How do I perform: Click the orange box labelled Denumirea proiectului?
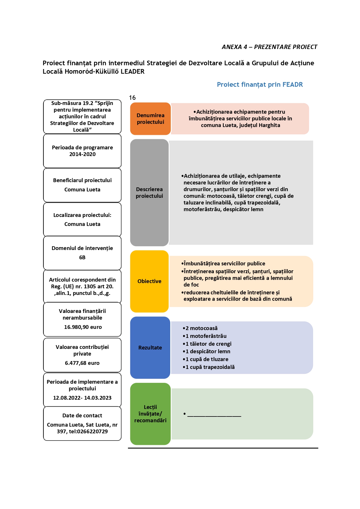coord(150,119)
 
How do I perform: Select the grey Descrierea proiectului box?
coord(149,193)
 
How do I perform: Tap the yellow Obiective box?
coord(149,281)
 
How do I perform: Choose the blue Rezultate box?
coord(150,347)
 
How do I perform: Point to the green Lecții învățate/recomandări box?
coord(150,414)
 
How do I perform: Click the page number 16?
coord(132,98)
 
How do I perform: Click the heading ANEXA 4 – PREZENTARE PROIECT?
coord(269,47)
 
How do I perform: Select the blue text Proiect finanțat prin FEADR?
coord(260,85)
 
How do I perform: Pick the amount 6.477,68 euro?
coord(82,363)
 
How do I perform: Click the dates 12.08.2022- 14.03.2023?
coord(82,398)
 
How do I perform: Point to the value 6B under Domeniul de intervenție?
coord(82,258)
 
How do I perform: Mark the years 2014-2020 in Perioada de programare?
coord(82,154)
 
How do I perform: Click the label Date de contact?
coord(82,416)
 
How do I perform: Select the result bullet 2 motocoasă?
coord(200,328)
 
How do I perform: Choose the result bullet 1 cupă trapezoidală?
coord(209,367)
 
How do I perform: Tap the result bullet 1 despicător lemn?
coord(207,352)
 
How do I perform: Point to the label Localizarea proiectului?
coord(82,215)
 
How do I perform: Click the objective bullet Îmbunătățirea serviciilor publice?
coord(223,264)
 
